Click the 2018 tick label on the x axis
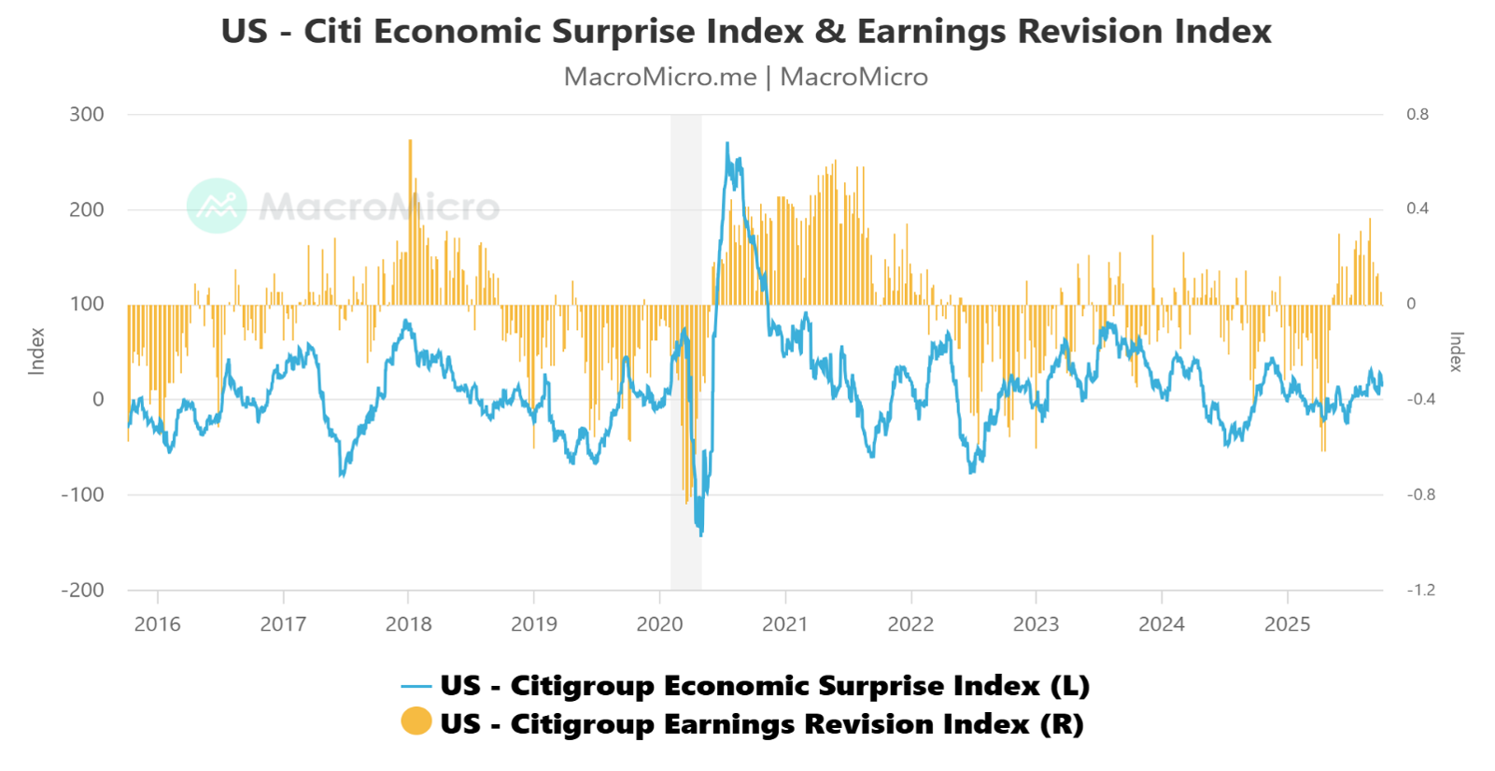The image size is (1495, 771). point(408,624)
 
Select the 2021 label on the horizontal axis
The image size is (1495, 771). point(784,624)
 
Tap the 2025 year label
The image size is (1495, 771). point(1287,624)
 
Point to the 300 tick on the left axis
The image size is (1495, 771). point(87,115)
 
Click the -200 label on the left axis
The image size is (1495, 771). point(82,590)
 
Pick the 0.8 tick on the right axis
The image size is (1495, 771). point(1417,115)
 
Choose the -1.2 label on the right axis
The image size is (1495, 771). point(1420,590)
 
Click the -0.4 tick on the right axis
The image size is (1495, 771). point(1420,399)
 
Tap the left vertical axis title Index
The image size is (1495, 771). point(37,351)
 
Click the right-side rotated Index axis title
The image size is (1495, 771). point(1456,351)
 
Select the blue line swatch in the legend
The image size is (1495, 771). point(416,687)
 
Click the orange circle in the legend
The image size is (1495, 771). point(416,721)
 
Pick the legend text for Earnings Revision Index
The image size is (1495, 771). point(762,724)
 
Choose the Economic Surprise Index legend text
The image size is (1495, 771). point(765,686)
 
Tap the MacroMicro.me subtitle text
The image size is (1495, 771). point(660,77)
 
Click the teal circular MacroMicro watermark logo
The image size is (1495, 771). point(217,206)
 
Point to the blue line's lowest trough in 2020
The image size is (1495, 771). point(701,534)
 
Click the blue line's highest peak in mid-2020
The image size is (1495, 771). point(727,144)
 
